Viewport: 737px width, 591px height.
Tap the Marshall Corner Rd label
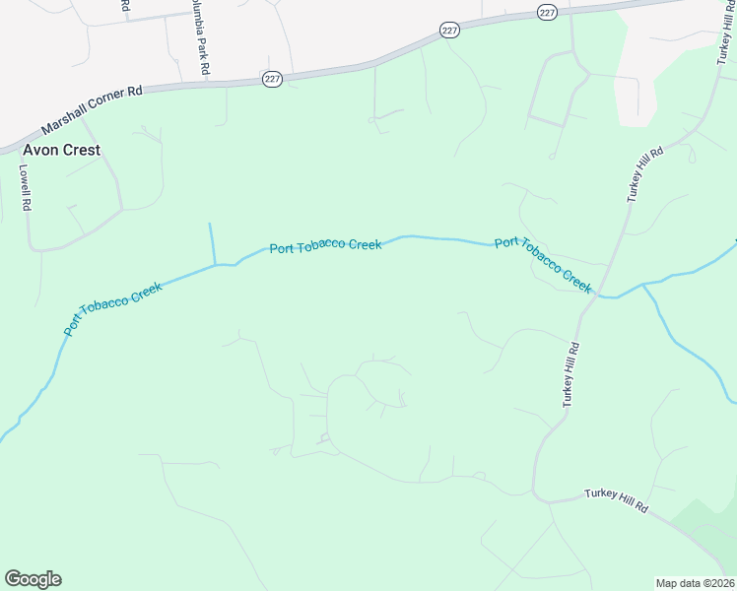93,109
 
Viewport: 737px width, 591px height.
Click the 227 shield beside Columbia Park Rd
273,78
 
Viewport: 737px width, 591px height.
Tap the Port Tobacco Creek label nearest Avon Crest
112,308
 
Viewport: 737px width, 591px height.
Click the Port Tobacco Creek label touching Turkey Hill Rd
543,265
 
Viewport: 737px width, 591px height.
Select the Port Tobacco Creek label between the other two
325,246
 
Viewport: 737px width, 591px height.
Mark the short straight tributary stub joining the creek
212,244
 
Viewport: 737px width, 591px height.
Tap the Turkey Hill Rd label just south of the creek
571,374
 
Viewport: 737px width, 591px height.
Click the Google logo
33,579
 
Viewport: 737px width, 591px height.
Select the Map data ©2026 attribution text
695,583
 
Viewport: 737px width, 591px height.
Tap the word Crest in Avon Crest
83,151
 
